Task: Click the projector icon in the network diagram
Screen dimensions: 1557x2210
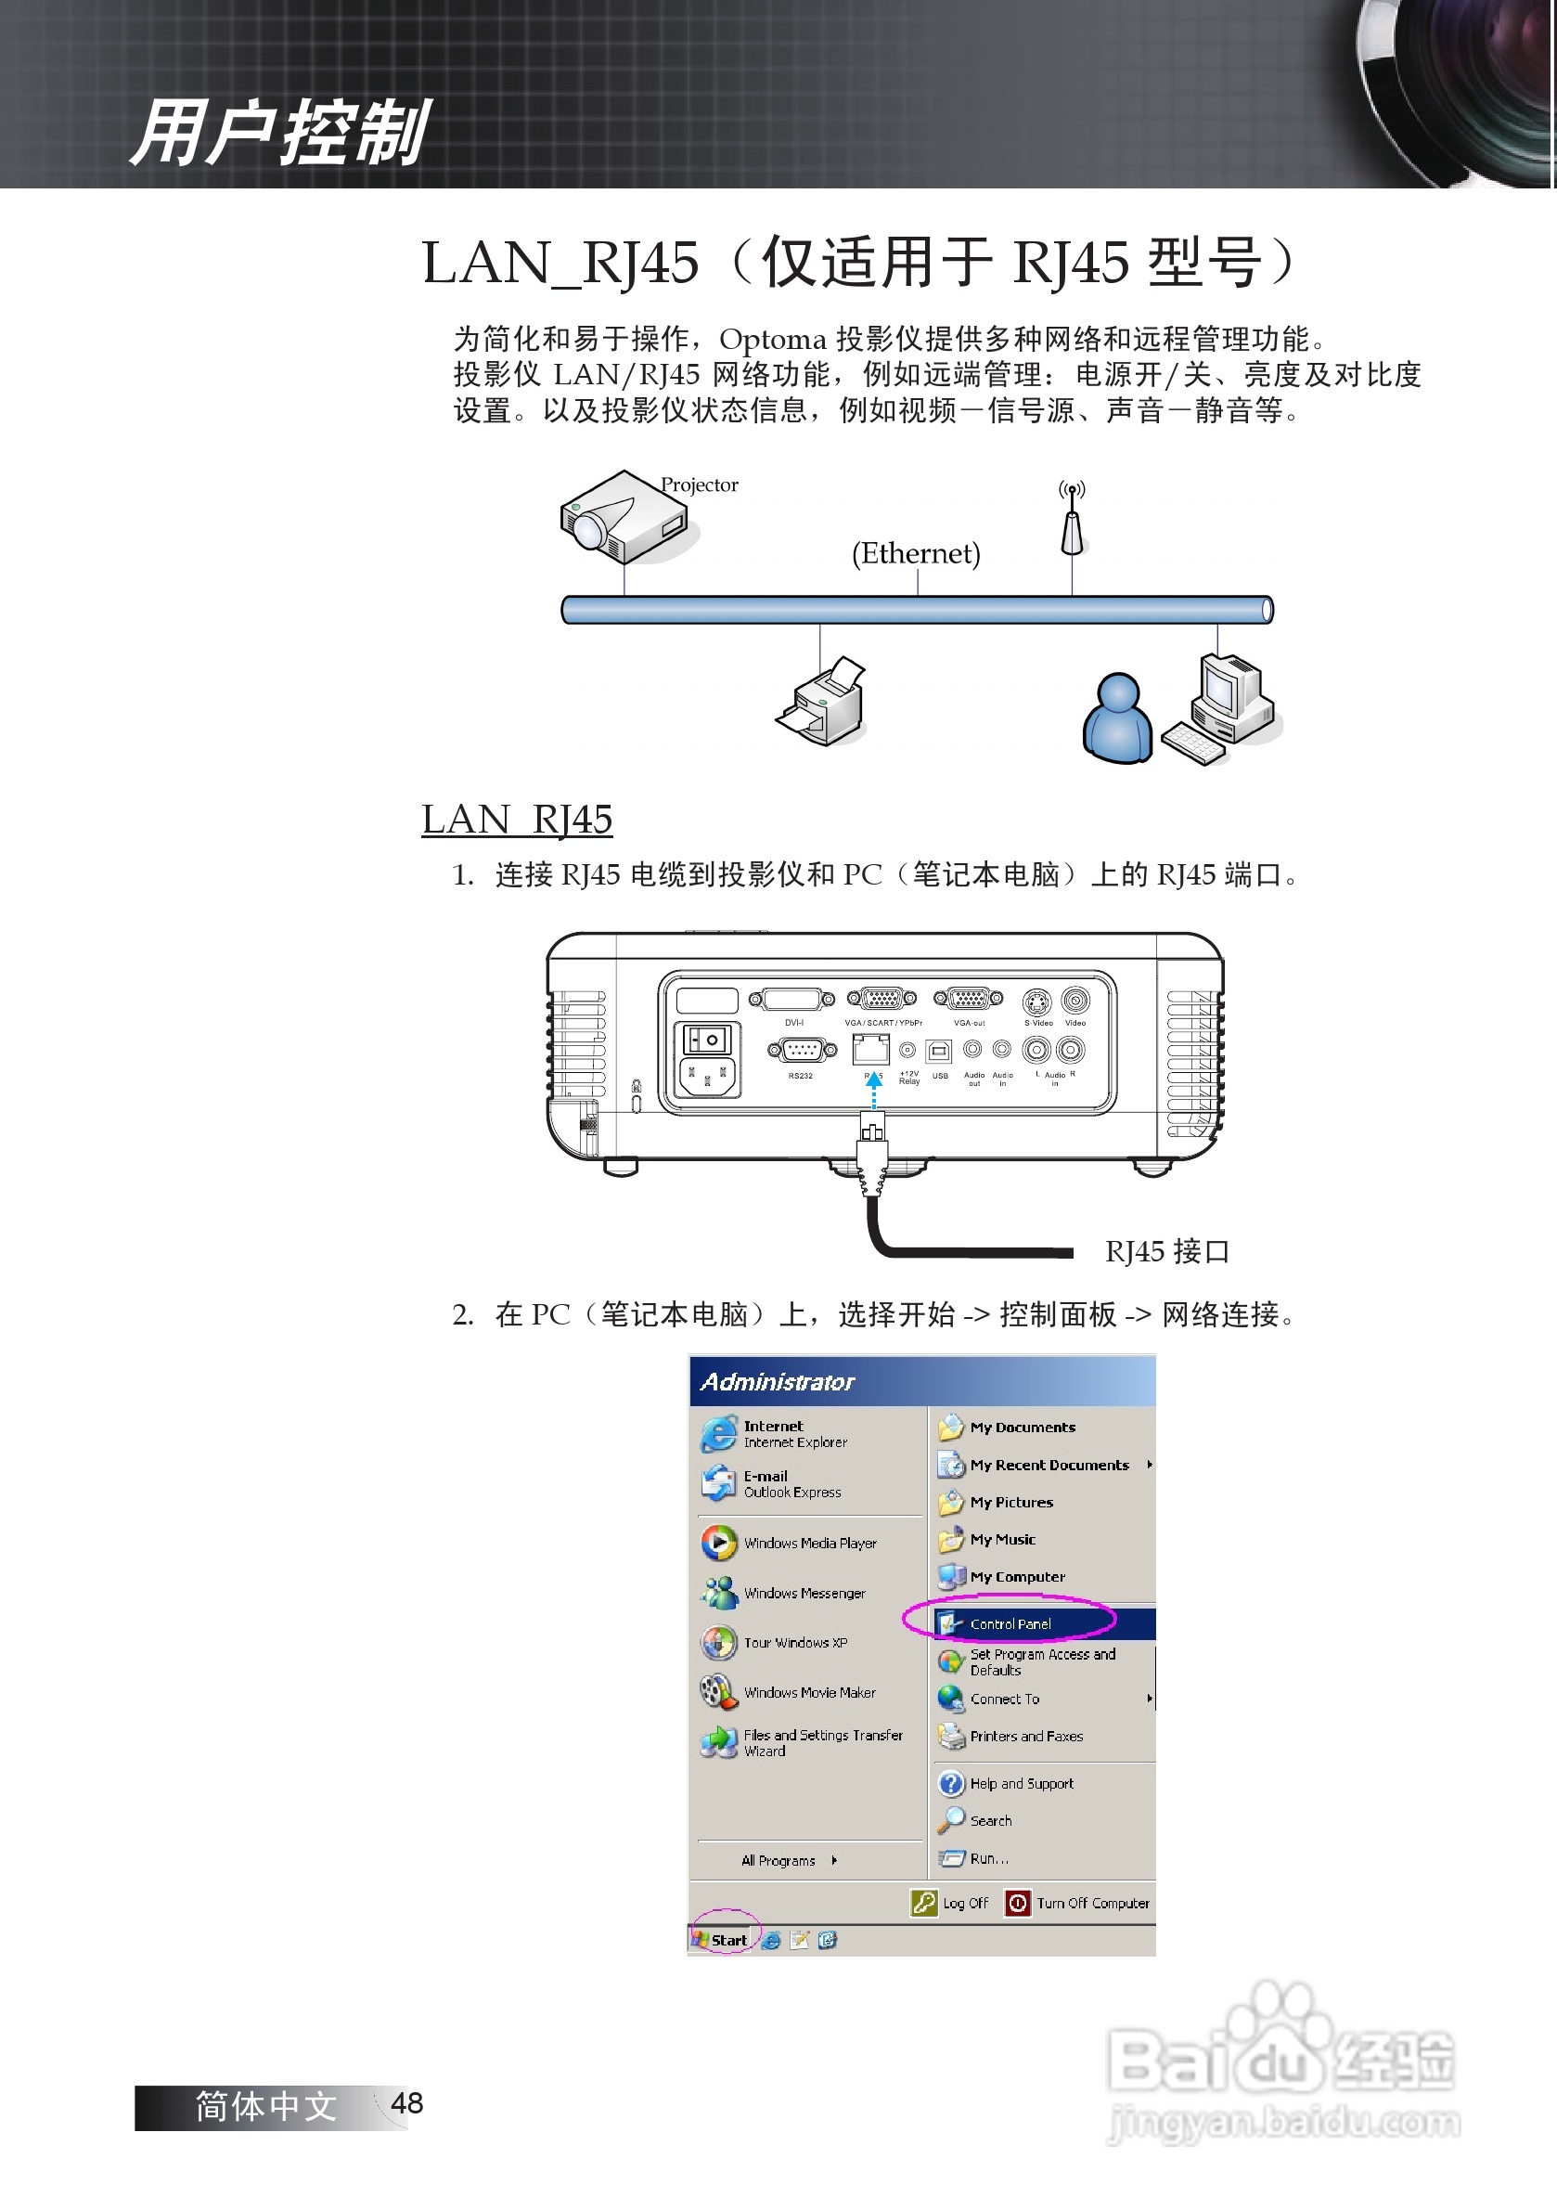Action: click(625, 518)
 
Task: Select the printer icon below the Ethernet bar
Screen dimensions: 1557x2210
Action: click(824, 702)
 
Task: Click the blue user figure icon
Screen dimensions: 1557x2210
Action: click(1116, 719)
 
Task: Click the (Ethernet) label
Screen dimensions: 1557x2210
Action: click(916, 553)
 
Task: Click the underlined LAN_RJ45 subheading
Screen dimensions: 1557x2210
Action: click(517, 820)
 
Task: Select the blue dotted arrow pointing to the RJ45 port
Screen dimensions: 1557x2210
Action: click(874, 1091)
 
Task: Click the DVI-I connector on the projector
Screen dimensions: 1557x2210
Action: click(793, 999)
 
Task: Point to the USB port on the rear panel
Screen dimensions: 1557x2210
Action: click(938, 1050)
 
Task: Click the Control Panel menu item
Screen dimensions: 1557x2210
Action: click(1010, 1623)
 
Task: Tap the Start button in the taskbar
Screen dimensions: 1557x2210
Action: click(722, 1941)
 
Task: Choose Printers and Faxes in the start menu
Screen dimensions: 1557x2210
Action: click(1026, 1737)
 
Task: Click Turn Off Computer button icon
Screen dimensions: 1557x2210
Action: click(1017, 1903)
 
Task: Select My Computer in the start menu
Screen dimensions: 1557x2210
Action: click(1017, 1577)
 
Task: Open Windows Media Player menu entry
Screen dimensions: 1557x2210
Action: click(809, 1543)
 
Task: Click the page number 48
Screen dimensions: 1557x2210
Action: click(407, 2103)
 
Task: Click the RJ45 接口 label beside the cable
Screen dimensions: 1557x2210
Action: click(1166, 1251)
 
